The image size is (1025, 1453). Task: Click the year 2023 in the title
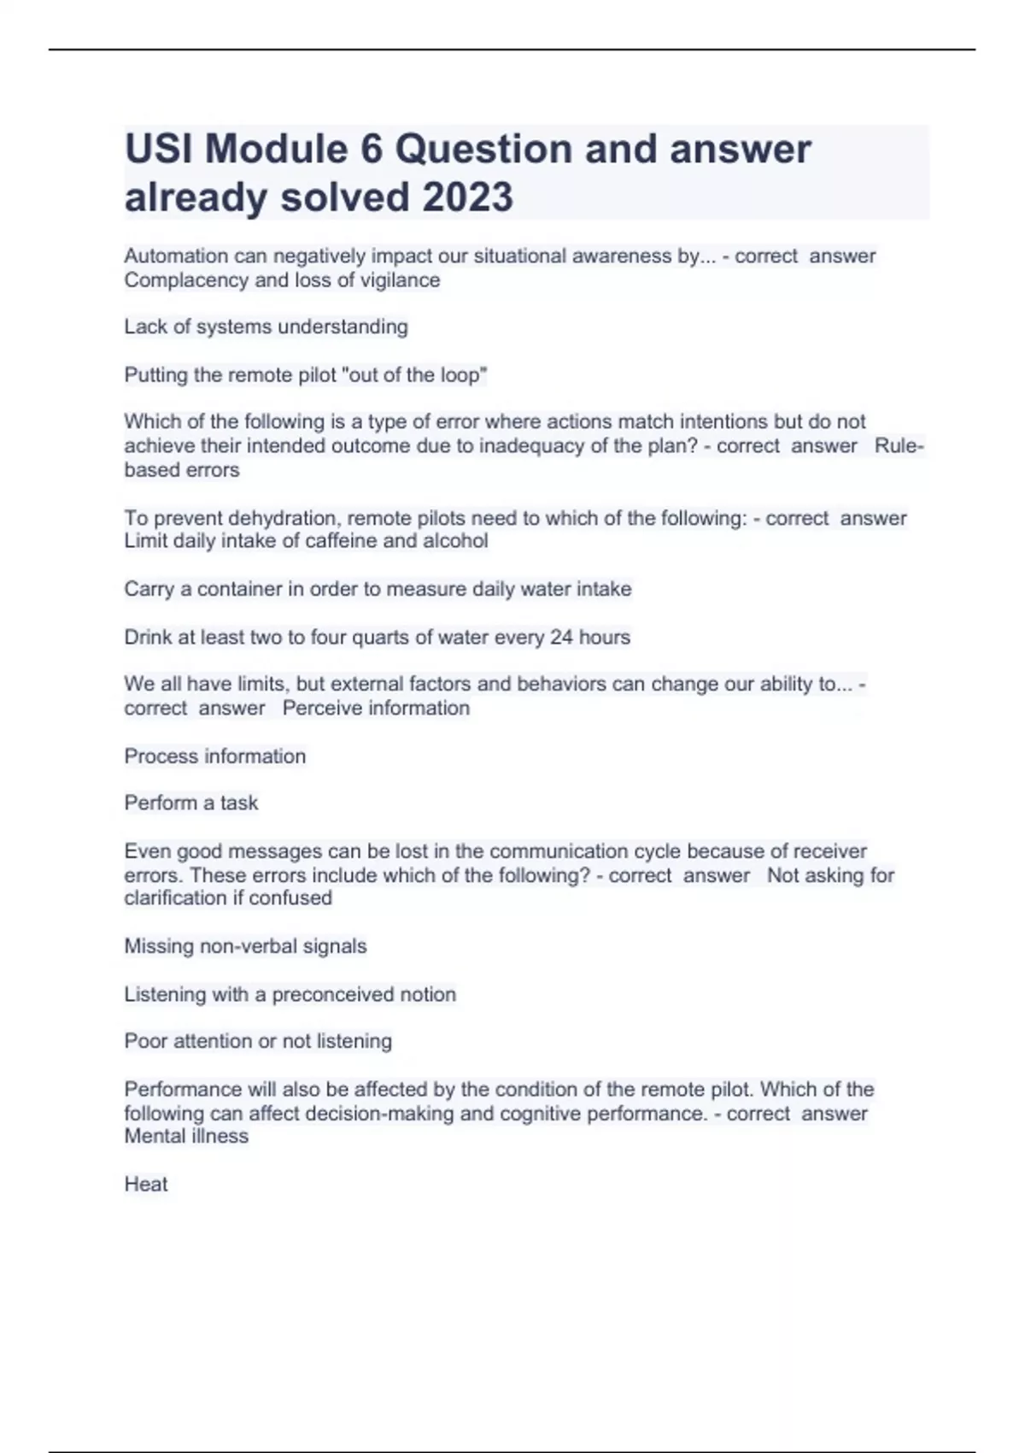coord(467,197)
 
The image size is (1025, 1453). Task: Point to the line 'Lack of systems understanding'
coord(266,326)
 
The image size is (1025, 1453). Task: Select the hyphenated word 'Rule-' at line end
coord(899,446)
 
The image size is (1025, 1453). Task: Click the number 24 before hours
coord(561,637)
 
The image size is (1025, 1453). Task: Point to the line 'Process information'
coord(214,756)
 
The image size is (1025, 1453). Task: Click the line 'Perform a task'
coord(190,803)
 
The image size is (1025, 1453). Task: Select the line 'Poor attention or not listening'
coord(258,1041)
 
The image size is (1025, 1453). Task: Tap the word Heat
coord(146,1184)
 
